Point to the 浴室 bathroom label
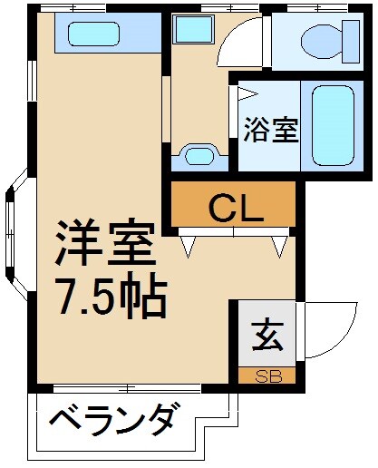coord(270,130)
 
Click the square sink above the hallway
coord(192,33)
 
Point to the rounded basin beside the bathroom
coord(198,155)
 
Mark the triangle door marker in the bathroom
coord(245,93)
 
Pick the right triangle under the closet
coord(280,245)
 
